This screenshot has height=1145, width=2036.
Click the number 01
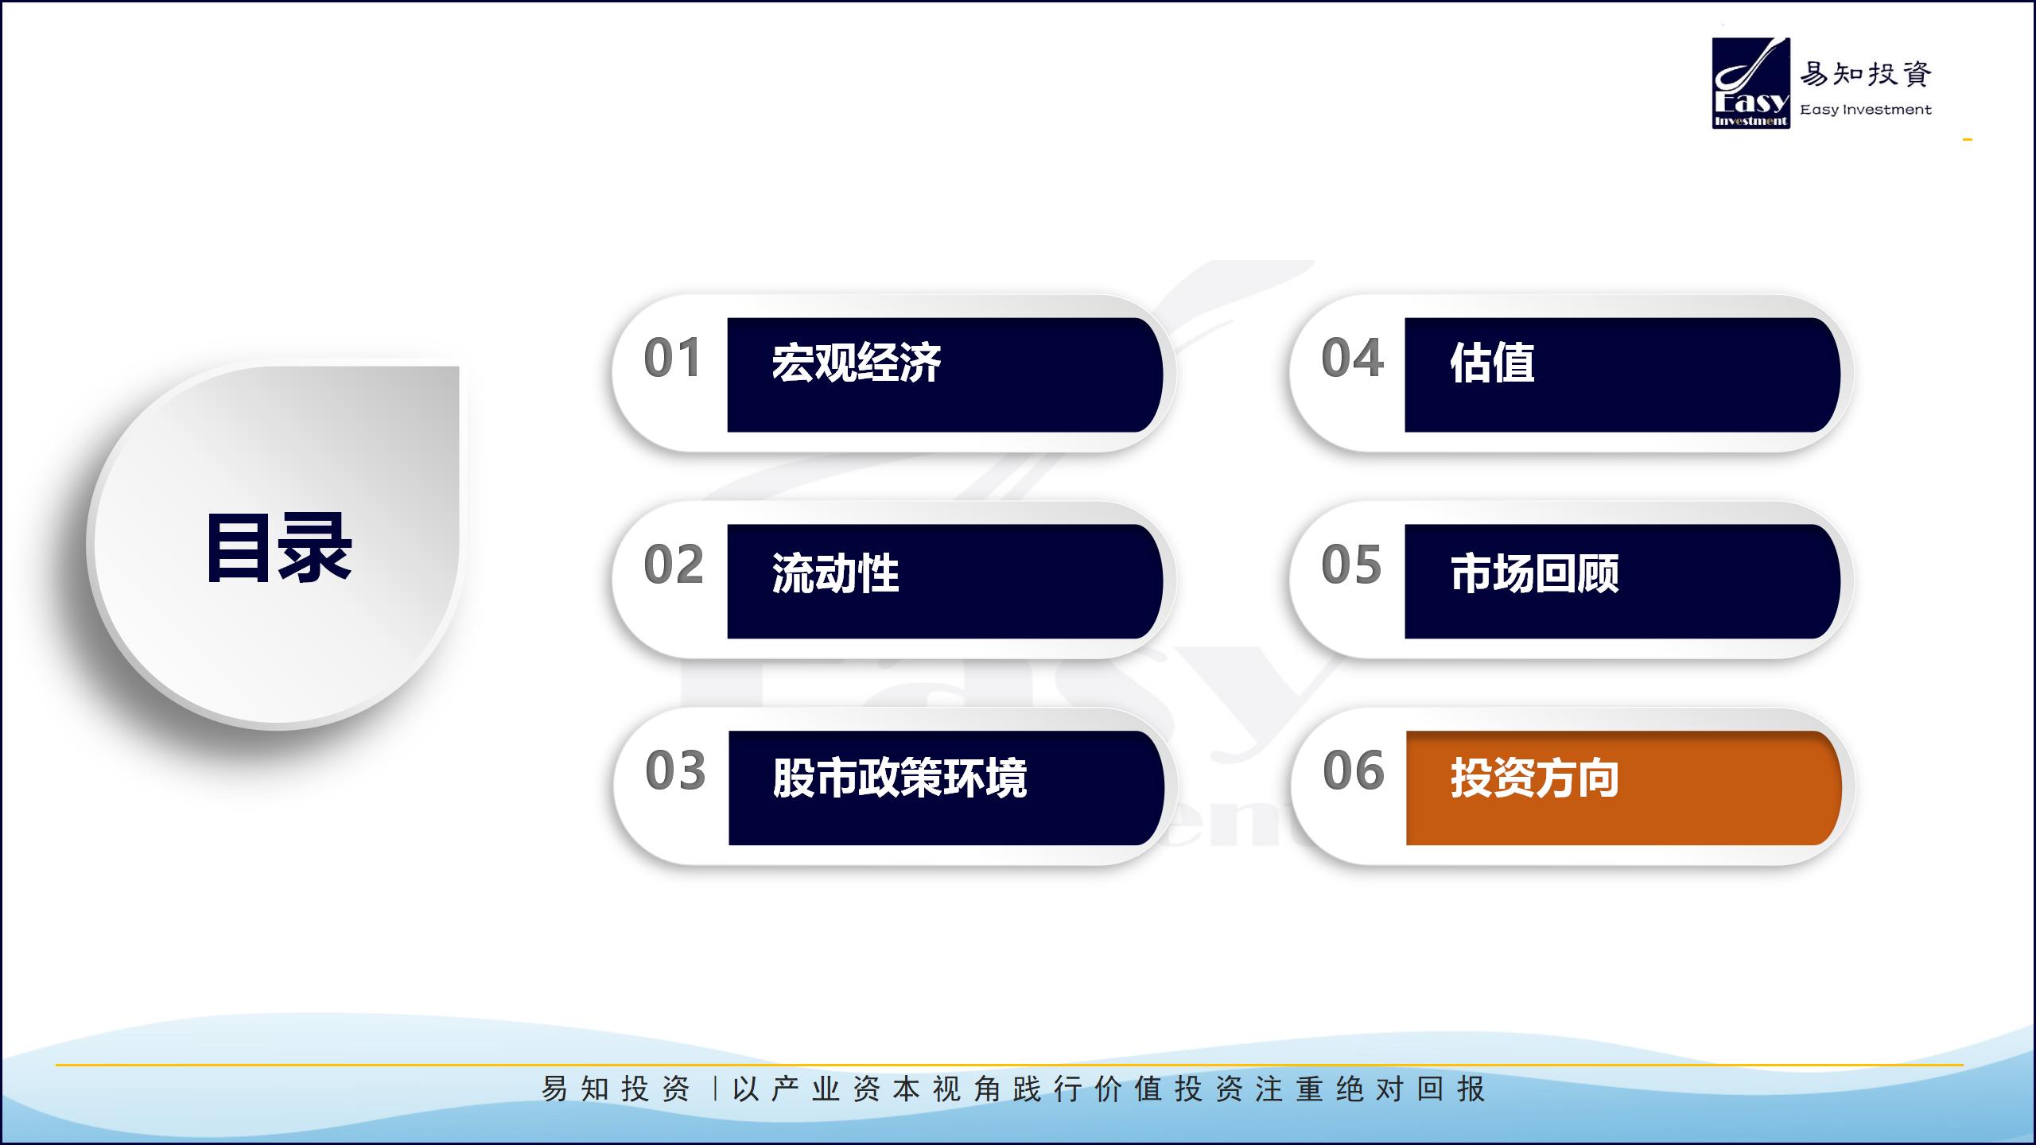click(673, 358)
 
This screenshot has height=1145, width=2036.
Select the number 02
click(674, 565)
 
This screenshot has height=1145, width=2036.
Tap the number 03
click(675, 770)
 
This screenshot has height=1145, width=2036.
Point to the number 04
click(1352, 358)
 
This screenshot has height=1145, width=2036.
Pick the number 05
click(1351, 565)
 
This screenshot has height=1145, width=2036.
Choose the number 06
click(1354, 770)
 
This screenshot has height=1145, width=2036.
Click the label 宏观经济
click(857, 363)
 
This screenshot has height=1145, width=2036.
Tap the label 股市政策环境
click(899, 777)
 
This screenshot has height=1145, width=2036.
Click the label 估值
click(1492, 363)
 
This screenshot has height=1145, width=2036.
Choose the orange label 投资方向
click(1535, 777)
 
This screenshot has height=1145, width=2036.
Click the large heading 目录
click(278, 548)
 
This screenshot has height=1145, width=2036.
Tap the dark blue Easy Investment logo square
click(1751, 83)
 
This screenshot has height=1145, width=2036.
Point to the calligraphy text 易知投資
click(1866, 74)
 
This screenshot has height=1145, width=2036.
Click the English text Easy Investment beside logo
click(1866, 110)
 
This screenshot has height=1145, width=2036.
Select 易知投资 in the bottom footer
click(616, 1089)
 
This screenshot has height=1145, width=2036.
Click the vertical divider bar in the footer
click(715, 1089)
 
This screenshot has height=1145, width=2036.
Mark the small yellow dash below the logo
click(1968, 140)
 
